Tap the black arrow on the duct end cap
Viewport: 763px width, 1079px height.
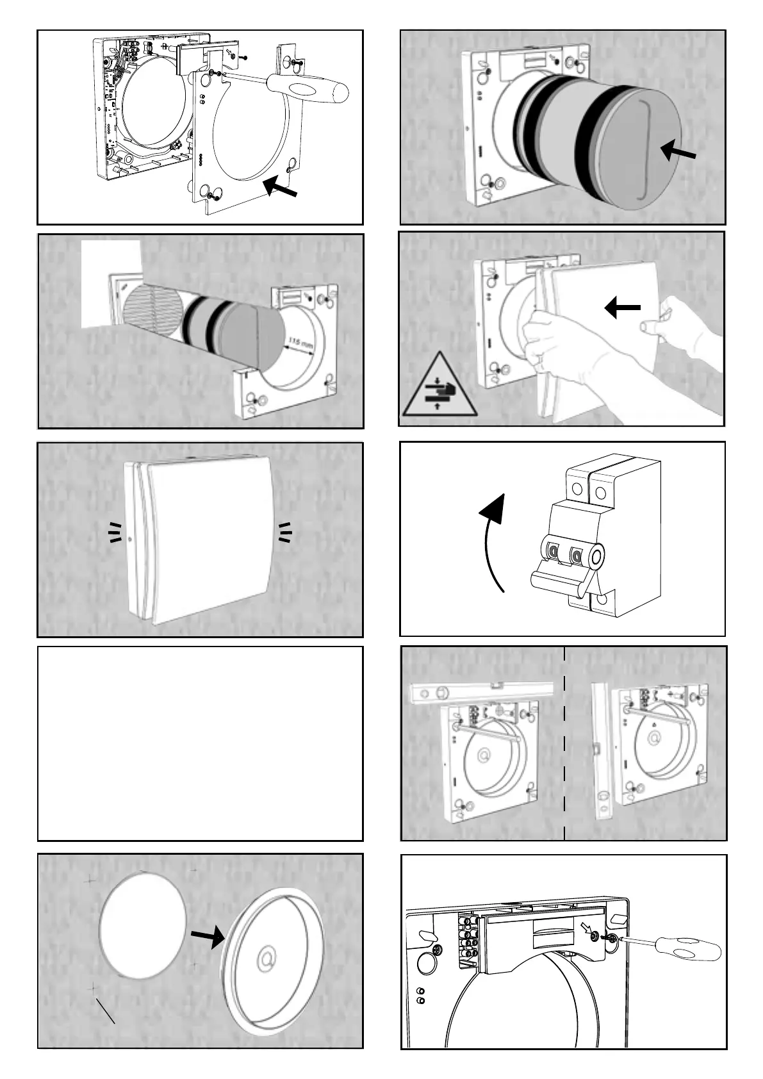point(678,152)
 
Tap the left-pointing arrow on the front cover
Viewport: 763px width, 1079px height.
point(622,308)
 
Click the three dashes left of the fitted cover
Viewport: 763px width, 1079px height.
point(115,532)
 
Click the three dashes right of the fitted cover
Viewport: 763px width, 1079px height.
point(284,532)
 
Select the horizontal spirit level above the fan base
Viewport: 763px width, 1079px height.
point(480,692)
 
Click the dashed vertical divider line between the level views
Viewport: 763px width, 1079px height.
point(564,743)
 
